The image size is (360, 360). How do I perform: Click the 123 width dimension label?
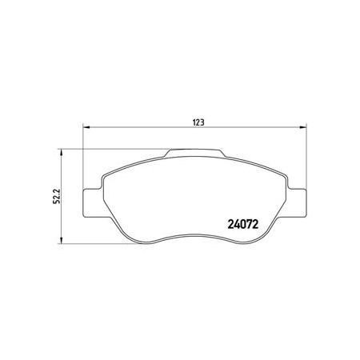point(198,122)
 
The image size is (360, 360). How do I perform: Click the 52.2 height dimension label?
point(57,196)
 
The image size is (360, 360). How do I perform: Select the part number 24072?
point(243,225)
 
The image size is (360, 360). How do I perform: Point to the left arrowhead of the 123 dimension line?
point(86,127)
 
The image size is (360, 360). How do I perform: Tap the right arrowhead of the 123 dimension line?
point(303,127)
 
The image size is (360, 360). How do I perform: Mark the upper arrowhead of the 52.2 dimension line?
point(62,152)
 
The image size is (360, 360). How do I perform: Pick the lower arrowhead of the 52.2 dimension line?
point(62,240)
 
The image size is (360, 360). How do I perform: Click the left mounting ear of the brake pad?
point(93,203)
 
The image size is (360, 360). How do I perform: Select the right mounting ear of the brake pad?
point(297,203)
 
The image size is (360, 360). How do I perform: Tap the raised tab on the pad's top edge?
point(194,153)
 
